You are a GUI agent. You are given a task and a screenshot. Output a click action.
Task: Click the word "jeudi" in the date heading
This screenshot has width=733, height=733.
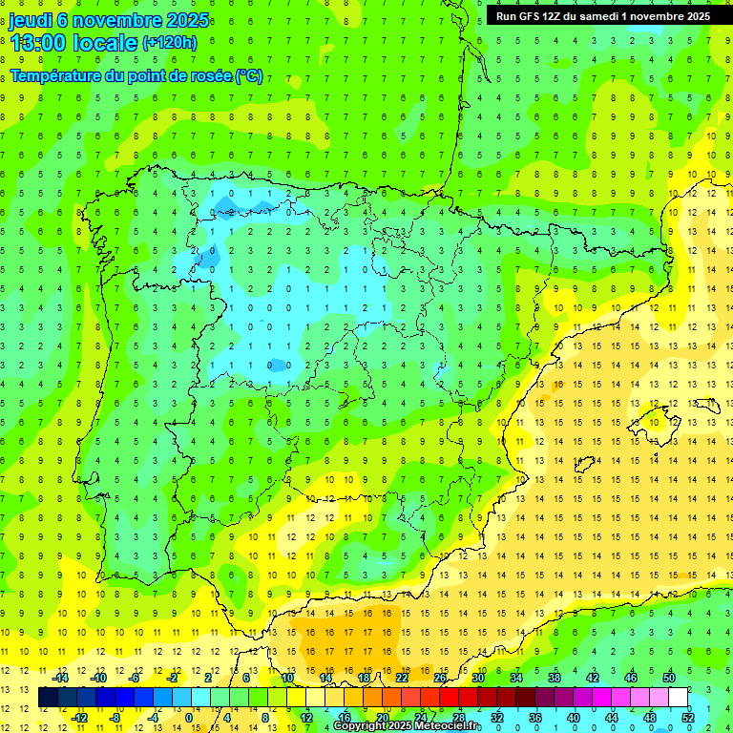coord(31,20)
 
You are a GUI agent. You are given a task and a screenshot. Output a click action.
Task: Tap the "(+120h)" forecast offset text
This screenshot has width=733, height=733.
coord(170,43)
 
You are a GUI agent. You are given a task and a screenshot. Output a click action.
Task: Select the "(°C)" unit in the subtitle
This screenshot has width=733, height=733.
coord(250,75)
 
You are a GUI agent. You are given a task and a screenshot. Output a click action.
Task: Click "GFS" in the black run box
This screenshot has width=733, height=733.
coord(534,16)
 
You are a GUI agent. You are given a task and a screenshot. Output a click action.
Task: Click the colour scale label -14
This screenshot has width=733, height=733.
coord(60,678)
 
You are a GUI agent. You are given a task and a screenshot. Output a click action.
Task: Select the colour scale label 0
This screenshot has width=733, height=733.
coord(190,718)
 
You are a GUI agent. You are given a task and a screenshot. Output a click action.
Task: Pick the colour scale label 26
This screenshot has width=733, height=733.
coord(440,678)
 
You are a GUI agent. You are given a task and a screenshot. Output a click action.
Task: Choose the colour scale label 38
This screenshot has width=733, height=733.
coord(554,678)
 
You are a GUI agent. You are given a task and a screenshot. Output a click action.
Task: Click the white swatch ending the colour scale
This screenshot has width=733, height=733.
coord(679,698)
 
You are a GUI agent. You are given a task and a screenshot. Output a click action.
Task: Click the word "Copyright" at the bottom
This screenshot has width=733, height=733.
coord(361,726)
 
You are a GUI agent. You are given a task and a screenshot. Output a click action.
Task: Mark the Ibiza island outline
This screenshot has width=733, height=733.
coord(584,465)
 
